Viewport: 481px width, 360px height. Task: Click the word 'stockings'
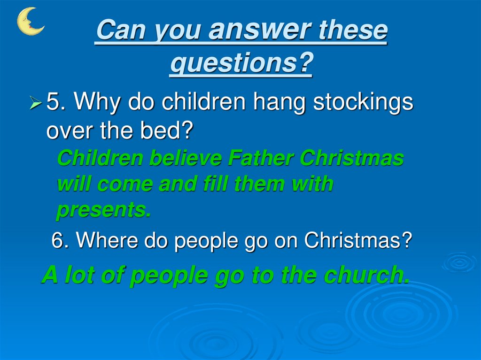(x=363, y=102)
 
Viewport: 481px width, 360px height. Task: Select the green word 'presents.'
(x=104, y=211)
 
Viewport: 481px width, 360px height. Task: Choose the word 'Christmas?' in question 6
(x=358, y=241)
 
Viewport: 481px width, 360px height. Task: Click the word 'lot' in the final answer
(x=76, y=276)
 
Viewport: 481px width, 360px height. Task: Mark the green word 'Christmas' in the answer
(x=352, y=159)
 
